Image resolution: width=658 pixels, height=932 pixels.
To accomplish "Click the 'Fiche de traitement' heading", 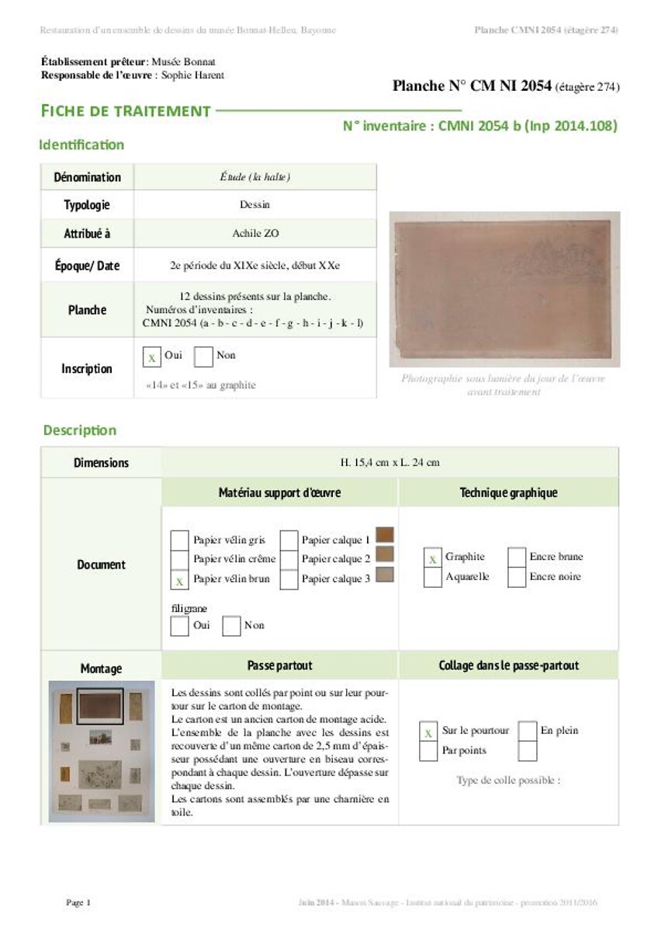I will point(126,111).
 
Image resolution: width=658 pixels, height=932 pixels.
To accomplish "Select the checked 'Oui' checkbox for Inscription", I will point(153,356).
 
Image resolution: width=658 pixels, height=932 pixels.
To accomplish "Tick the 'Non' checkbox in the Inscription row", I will point(203,356).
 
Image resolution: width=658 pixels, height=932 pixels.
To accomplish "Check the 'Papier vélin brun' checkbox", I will point(179,579).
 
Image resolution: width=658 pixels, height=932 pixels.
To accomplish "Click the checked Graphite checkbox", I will point(433,558).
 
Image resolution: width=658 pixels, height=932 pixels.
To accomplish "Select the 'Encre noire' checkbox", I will point(517,577).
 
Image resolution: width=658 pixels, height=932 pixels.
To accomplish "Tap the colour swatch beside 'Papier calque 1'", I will point(384,535).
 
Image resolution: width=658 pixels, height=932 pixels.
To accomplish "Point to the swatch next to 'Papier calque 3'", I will point(384,575).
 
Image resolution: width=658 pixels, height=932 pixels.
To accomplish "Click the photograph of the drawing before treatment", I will point(504,289).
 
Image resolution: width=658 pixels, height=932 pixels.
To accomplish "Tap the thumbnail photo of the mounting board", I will point(102,751).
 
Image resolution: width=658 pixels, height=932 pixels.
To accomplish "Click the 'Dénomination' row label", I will point(87,177).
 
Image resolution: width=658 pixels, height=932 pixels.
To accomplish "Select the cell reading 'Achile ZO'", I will point(255,233).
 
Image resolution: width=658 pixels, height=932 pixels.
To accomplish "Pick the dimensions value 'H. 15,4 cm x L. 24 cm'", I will point(390,463).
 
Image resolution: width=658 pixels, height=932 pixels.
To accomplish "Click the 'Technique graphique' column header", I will point(508,492).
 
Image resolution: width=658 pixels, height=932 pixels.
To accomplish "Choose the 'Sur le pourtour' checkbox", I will point(428,732).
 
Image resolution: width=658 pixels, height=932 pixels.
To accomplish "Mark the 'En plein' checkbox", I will point(528,732).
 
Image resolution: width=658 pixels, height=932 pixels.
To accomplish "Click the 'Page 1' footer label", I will point(78,902).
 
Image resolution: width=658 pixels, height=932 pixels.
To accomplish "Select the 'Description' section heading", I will point(80,430).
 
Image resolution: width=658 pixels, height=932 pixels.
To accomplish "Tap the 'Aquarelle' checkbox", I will point(433,577).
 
